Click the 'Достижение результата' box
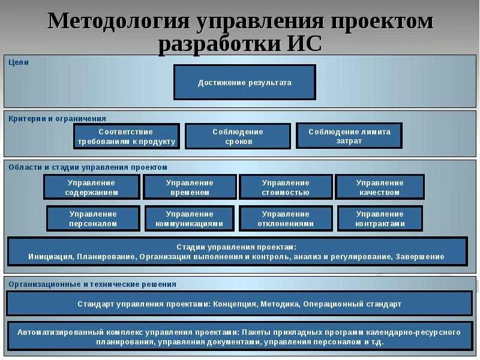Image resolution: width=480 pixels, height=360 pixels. (244, 82)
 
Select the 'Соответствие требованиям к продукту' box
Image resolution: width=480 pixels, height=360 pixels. (127, 136)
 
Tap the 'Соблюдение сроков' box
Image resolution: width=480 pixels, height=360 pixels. (238, 136)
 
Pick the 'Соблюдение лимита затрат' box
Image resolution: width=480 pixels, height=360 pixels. (349, 136)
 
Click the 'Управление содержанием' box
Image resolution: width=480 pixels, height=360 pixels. (92, 187)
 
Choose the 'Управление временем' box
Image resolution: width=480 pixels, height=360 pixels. (190, 187)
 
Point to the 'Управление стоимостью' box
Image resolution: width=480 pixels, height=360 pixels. (286, 187)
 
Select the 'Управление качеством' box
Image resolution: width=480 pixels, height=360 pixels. (380, 187)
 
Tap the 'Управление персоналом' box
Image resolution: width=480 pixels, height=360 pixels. (93, 218)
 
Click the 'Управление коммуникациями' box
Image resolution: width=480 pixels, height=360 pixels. (190, 218)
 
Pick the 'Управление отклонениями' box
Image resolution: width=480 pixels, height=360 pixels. (286, 218)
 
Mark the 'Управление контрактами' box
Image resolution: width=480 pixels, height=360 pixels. (380, 218)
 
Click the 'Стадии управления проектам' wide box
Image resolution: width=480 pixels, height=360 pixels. (236, 251)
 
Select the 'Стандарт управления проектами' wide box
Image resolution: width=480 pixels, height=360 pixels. (239, 304)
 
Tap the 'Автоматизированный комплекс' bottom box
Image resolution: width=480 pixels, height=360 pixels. (239, 337)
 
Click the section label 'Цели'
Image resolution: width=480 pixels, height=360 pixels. (19, 62)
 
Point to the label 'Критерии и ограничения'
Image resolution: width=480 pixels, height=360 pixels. (57, 118)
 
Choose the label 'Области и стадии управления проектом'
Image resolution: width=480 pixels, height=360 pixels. (88, 167)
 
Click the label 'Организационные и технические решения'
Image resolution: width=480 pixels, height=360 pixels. (92, 284)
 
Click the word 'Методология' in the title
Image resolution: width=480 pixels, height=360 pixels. (116, 22)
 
